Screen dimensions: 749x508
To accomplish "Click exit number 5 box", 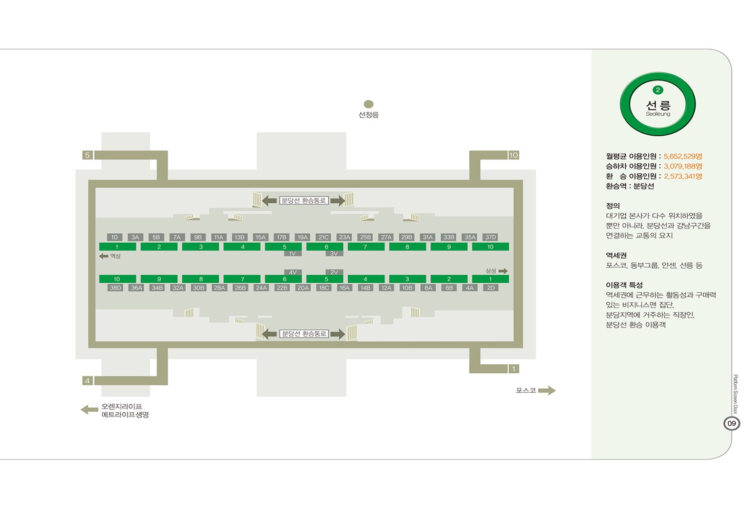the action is (x=87, y=155).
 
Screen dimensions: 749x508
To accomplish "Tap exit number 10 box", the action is (x=514, y=155).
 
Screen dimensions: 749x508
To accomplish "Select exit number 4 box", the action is (x=87, y=381).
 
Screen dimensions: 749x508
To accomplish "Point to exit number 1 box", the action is (x=514, y=369).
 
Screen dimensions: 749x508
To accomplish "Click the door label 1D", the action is (x=115, y=237).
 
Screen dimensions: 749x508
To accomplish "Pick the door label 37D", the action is (x=490, y=237).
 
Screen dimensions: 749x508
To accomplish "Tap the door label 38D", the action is (x=115, y=288).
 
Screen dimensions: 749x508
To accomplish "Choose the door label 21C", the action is (x=323, y=237).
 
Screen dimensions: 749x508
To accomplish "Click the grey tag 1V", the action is (x=292, y=254).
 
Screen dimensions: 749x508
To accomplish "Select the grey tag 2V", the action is (x=334, y=272).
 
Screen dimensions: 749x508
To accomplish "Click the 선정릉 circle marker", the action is (x=369, y=104).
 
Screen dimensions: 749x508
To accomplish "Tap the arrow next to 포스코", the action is (x=547, y=391).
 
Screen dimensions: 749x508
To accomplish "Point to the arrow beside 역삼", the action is (x=104, y=256).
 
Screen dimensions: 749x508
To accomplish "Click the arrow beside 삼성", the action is (x=503, y=271).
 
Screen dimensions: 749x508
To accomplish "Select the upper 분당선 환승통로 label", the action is (x=304, y=201).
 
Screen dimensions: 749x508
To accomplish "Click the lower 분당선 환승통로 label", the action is (x=304, y=334).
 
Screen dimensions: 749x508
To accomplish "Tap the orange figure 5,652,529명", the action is (x=683, y=156).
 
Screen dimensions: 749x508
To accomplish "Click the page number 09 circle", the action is (x=732, y=423).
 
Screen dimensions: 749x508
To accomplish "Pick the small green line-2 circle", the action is (x=658, y=90).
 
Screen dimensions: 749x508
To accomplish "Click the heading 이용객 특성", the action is (x=624, y=285).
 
